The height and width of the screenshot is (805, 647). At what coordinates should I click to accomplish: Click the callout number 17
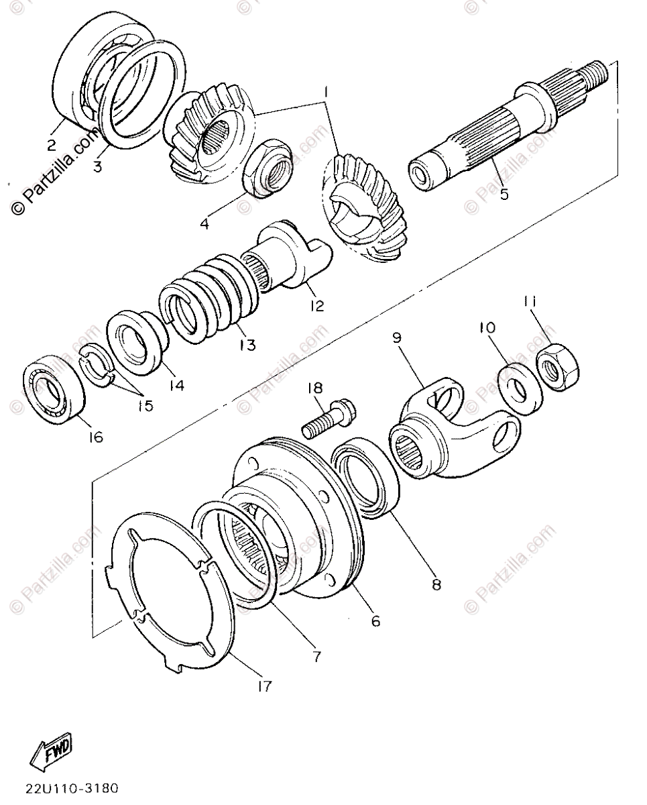264,686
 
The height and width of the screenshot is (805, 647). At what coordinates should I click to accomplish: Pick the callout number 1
325,90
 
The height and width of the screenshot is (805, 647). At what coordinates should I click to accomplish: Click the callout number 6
375,621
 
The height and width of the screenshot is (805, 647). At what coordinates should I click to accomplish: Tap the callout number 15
145,406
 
